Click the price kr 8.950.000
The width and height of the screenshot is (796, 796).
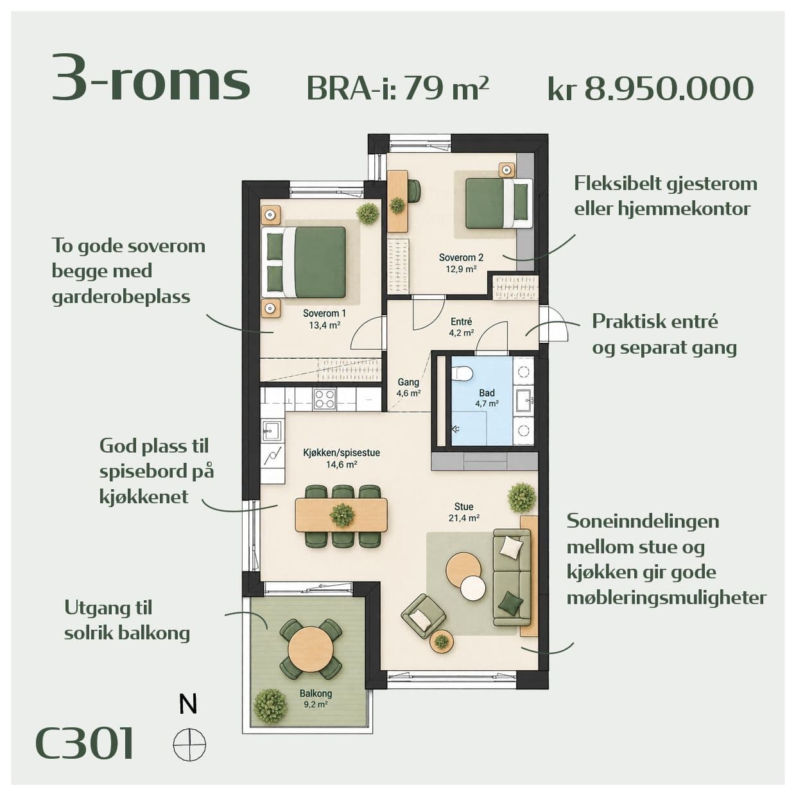tap(650, 89)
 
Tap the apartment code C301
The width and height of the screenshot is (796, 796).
tap(85, 744)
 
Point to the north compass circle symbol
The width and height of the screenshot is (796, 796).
tap(189, 745)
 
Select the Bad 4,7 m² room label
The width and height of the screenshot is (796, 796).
tap(487, 398)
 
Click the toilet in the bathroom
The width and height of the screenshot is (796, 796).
tap(462, 372)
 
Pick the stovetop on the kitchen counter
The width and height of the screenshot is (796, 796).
tap(324, 399)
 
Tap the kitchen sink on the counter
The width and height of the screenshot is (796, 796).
tap(272, 431)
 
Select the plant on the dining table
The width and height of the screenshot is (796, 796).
tap(342, 515)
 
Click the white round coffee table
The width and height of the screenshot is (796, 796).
tap(473, 588)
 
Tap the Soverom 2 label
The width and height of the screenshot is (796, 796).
tap(461, 258)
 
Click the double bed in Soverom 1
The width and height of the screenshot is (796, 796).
tap(304, 262)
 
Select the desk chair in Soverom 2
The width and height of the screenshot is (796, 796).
tap(414, 191)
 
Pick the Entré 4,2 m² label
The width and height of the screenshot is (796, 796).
tap(462, 327)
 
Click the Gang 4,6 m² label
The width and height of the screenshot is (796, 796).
tap(408, 388)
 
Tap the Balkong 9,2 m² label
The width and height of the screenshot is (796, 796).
tap(316, 698)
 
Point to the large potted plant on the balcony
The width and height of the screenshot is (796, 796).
tap(270, 706)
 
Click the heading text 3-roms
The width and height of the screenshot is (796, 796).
tap(151, 78)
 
